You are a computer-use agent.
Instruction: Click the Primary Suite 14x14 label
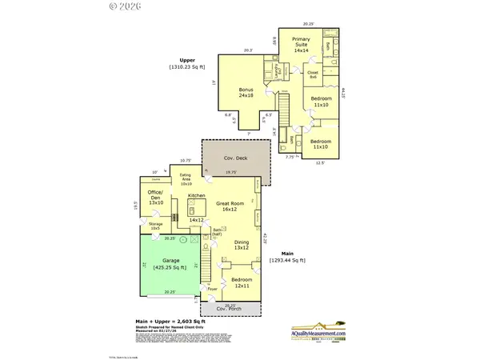(302, 45)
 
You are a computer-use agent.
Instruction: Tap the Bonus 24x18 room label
(246, 92)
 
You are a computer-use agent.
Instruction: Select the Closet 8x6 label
(313, 75)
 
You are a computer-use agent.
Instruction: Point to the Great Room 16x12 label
(230, 206)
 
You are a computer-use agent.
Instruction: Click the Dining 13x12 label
(242, 245)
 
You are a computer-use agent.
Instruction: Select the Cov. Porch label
(234, 310)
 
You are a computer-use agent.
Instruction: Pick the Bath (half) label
(217, 232)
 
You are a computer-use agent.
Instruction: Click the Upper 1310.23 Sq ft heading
(188, 63)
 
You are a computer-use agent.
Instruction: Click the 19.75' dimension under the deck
(231, 171)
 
